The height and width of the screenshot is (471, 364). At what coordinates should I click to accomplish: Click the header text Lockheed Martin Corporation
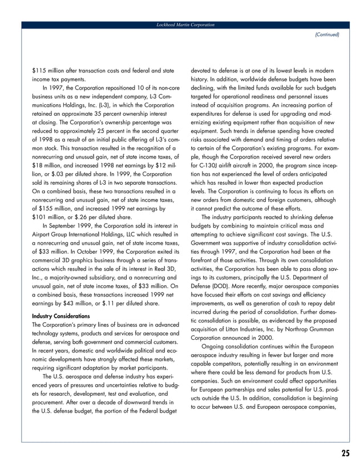[181, 25]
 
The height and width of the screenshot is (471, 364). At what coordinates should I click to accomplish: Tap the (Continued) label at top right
[327, 35]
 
